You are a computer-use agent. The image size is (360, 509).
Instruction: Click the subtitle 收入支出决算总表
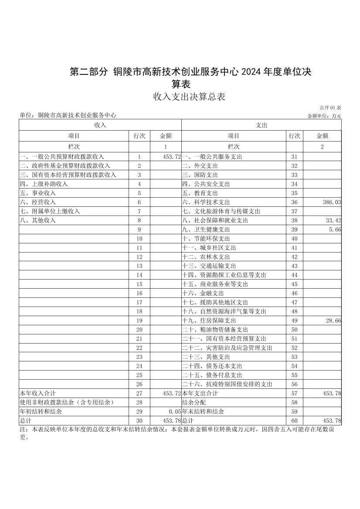click(189, 97)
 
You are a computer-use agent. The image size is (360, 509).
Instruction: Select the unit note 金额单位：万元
click(324, 116)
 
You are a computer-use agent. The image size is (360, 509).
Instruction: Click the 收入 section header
click(100, 125)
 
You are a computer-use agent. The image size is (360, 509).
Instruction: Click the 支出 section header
click(262, 125)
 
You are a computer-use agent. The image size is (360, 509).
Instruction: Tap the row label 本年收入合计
click(37, 393)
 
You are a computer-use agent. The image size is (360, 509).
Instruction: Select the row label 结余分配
click(194, 402)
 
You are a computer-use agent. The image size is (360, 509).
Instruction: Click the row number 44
click(294, 275)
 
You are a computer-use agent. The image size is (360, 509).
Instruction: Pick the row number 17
click(139, 302)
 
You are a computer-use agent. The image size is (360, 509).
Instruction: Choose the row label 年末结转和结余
click(203, 411)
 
